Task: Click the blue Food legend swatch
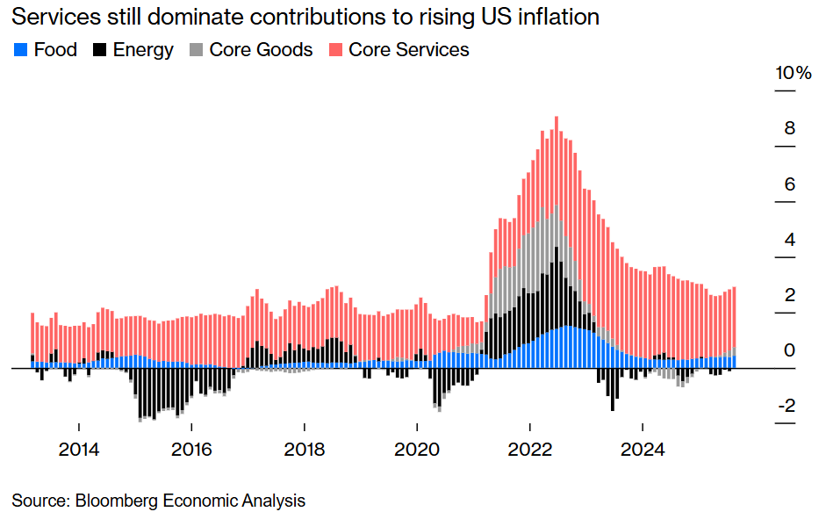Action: coord(21,50)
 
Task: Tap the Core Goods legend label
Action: coord(261,50)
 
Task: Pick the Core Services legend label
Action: coord(408,50)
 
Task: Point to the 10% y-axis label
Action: coord(793,73)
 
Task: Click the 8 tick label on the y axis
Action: coord(789,128)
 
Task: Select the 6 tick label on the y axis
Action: coord(789,184)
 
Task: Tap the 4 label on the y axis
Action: coord(789,239)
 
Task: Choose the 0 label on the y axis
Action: coord(789,350)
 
